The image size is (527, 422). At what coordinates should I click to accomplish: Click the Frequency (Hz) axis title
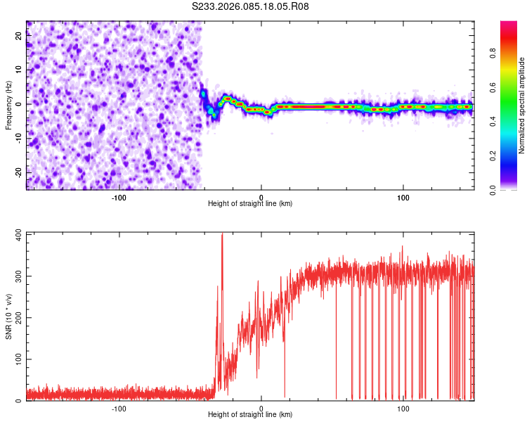(x=9, y=105)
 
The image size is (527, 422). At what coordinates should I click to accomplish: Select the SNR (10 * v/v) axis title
(x=9, y=316)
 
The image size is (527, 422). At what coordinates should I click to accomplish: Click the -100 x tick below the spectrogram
(x=119, y=198)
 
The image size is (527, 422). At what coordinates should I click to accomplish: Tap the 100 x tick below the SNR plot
(x=403, y=409)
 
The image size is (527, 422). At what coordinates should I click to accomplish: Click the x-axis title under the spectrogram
(x=250, y=204)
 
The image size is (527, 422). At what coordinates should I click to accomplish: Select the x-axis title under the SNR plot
(x=250, y=416)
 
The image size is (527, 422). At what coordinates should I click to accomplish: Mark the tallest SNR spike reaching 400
(x=222, y=235)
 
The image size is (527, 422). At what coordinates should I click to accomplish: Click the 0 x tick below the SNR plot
(x=261, y=409)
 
